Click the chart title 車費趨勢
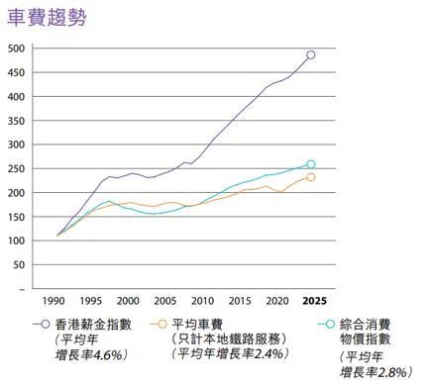click(x=47, y=18)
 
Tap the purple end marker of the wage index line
click(x=310, y=55)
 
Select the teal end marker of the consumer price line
click(x=310, y=164)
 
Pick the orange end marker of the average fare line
click(x=310, y=177)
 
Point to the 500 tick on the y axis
click(x=16, y=48)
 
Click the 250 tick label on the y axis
click(x=16, y=169)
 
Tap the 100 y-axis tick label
click(x=16, y=241)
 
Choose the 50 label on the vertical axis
click(x=19, y=265)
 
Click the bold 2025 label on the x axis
click(x=314, y=301)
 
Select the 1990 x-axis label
click(x=54, y=301)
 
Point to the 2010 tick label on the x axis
click(x=202, y=301)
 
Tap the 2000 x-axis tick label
click(x=128, y=301)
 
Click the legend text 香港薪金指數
click(x=93, y=325)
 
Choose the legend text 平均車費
click(x=197, y=325)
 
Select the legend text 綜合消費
click(x=366, y=325)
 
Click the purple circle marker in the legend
click(x=46, y=325)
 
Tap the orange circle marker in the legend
click(x=162, y=325)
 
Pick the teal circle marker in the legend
click(x=330, y=325)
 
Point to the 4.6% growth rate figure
click(x=108, y=355)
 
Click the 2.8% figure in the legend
click(x=392, y=372)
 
